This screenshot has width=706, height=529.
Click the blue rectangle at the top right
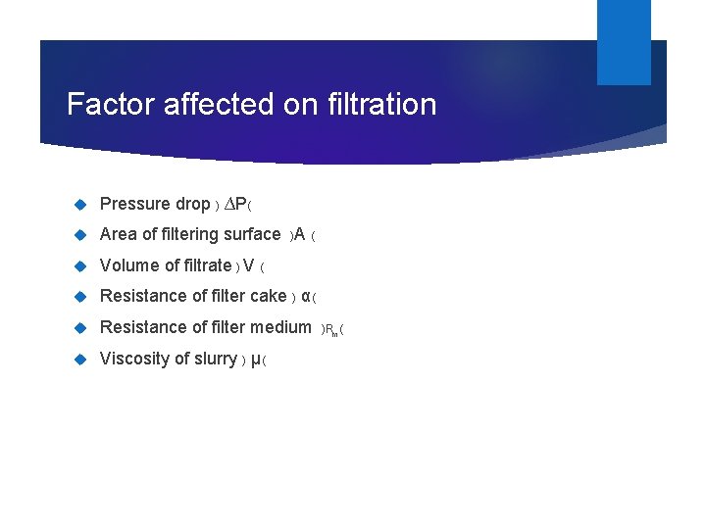(x=624, y=41)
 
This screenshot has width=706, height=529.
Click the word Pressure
(x=135, y=204)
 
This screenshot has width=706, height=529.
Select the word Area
(x=119, y=234)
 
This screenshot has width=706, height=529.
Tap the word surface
(x=252, y=234)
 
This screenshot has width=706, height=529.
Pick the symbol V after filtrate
(x=249, y=265)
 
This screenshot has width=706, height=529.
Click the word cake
(x=268, y=296)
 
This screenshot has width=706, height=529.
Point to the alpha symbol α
(x=306, y=296)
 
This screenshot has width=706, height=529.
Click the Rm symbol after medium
(x=332, y=329)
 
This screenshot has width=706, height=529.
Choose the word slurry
(x=215, y=359)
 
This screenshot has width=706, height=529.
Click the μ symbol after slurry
(x=256, y=360)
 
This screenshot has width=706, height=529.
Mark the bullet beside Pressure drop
(x=81, y=205)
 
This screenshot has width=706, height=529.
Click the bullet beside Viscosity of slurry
(x=81, y=360)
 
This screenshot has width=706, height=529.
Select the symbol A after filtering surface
(x=300, y=234)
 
